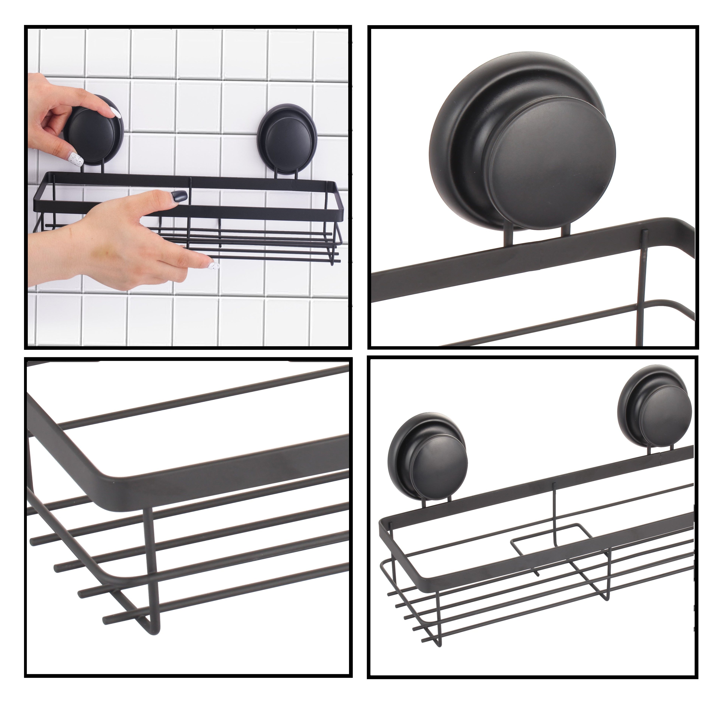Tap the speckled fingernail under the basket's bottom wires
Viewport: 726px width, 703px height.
(214, 266)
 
